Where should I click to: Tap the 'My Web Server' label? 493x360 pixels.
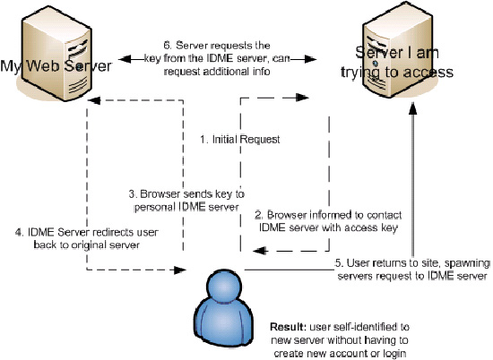[56, 66]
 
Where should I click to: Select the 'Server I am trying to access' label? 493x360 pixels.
[397, 62]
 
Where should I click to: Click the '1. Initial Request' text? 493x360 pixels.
[240, 139]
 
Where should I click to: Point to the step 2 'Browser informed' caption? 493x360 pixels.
[328, 221]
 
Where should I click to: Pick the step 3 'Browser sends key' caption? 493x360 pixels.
[186, 201]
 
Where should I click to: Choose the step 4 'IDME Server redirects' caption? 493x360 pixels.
[87, 238]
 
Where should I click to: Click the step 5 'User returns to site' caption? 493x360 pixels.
[412, 270]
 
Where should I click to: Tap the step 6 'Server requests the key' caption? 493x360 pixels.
[217, 58]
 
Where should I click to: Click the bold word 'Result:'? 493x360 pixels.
[288, 327]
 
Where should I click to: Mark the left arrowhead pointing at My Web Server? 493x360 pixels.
[125, 59]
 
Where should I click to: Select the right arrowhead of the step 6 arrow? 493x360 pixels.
[311, 59]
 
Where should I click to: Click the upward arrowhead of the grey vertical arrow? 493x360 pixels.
[413, 108]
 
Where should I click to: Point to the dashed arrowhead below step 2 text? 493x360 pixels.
[260, 251]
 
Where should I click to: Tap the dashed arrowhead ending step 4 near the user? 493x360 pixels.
[180, 270]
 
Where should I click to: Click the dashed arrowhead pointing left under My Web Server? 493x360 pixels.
[93, 100]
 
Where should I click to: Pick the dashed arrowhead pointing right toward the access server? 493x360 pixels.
[302, 98]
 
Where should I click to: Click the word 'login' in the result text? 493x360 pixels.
[394, 354]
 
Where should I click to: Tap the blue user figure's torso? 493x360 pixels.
[224, 321]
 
